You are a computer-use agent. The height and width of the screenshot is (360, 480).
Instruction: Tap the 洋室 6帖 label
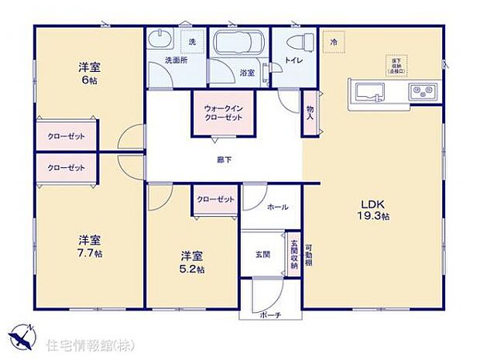86,73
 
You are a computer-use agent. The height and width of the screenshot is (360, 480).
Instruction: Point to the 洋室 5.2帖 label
193,262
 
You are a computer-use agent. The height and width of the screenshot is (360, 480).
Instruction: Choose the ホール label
277,207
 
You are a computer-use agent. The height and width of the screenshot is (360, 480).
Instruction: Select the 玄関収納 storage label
293,255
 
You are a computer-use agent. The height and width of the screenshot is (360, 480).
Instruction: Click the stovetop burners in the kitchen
423,92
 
